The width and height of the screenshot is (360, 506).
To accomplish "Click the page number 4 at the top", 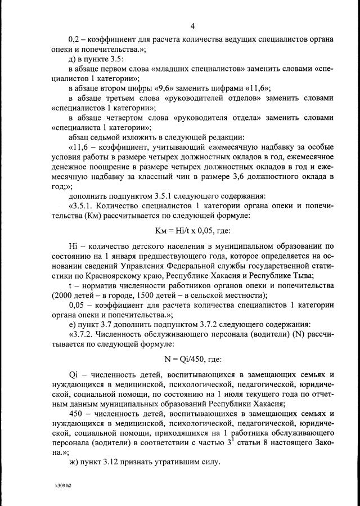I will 192,26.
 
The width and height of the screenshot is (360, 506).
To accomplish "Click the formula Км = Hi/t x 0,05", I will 192,231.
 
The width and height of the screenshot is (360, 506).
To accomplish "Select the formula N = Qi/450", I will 192,359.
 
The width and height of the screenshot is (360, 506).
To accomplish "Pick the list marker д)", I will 72,59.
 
